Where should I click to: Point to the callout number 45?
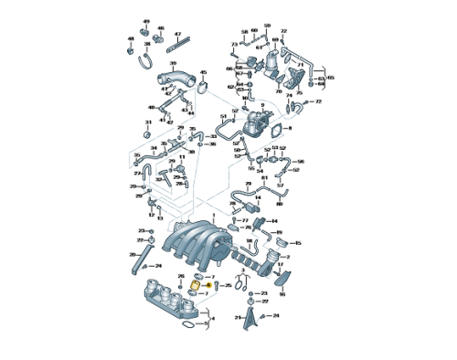pyautogui.click(x=203, y=71)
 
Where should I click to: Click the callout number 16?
pyautogui.click(x=282, y=294)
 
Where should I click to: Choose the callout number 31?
pyautogui.click(x=148, y=122)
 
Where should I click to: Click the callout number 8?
pyautogui.click(x=289, y=130)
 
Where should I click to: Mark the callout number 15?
pyautogui.click(x=297, y=243)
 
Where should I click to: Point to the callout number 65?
pyautogui.click(x=331, y=79)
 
